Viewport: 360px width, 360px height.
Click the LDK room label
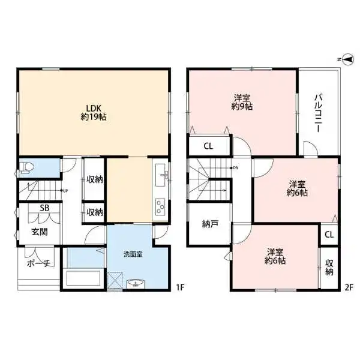[94, 113]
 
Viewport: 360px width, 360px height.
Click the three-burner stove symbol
[160, 206]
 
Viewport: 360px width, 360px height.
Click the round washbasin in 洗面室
[136, 284]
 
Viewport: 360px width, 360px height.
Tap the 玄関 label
[40, 232]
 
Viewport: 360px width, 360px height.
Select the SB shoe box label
[44, 208]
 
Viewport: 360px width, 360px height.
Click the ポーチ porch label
[38, 263]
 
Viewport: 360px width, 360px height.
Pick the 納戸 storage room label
[211, 224]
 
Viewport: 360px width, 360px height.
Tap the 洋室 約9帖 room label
[242, 103]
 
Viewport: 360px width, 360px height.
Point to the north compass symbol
[347, 59]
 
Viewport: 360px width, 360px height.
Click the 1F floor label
[180, 287]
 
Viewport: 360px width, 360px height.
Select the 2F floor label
[349, 287]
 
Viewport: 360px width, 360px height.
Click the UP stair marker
[64, 191]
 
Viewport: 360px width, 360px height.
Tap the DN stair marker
[235, 168]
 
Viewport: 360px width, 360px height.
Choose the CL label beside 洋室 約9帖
[208, 146]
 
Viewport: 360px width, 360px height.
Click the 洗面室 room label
[133, 254]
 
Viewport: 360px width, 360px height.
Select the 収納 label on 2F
[329, 267]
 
